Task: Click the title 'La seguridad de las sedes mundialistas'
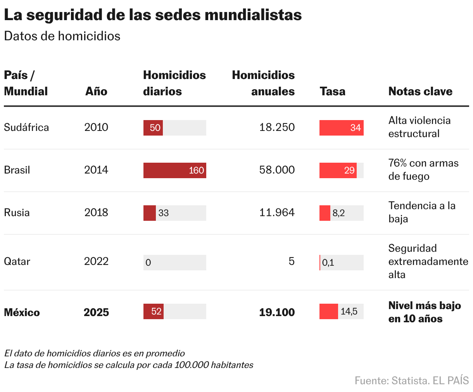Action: click(x=153, y=15)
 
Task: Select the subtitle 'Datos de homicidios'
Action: click(x=62, y=36)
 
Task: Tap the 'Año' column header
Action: click(x=96, y=91)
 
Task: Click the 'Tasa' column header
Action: click(x=332, y=91)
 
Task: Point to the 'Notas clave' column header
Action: click(x=420, y=91)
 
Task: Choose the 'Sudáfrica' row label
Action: click(x=26, y=127)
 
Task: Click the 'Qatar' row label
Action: click(x=17, y=261)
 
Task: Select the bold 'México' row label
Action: click(x=22, y=313)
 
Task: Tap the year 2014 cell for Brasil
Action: click(x=96, y=170)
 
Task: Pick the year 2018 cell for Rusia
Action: click(x=96, y=213)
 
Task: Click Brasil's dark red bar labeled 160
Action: click(x=174, y=170)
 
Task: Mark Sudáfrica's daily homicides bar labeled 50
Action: click(x=153, y=128)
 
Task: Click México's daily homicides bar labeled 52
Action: click(x=154, y=311)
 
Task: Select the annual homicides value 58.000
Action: click(x=277, y=170)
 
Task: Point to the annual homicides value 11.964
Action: click(x=277, y=213)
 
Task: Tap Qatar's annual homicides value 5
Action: click(x=292, y=261)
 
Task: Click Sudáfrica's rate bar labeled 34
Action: click(x=341, y=128)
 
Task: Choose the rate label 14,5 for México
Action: click(x=349, y=311)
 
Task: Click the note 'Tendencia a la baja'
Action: click(x=421, y=212)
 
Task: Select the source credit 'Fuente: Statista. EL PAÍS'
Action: click(x=411, y=380)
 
